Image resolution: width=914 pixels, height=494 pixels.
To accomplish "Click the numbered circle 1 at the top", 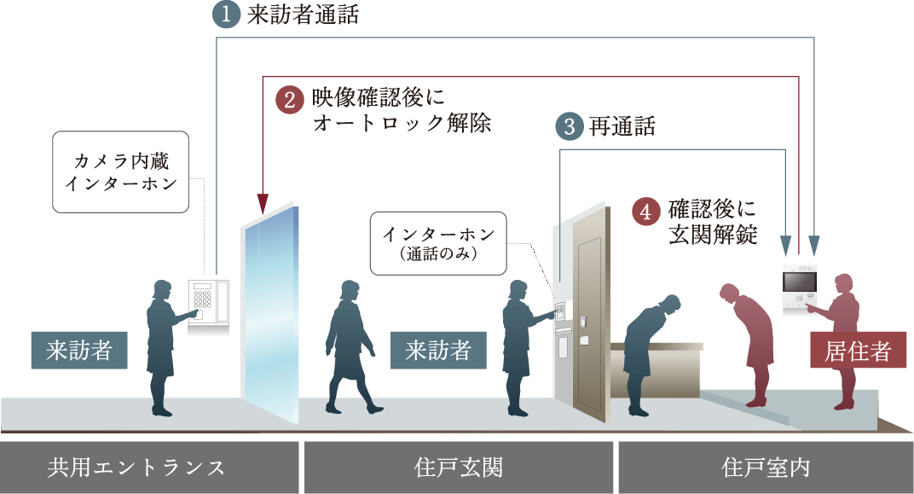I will (227, 16).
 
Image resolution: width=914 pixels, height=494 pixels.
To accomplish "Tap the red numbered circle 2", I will (290, 100).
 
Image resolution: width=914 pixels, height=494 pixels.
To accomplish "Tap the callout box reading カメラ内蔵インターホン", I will (120, 171).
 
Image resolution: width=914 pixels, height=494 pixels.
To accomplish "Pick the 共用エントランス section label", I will (136, 468).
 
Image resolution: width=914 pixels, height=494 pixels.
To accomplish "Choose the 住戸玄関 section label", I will (459, 468).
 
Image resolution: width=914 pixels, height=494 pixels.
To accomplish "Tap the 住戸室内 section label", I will (765, 468).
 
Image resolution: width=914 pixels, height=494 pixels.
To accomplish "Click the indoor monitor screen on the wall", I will (800, 281).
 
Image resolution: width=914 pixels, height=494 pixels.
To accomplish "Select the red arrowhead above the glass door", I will (263, 204).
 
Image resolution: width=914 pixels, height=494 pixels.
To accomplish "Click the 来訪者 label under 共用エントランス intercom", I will (79, 351).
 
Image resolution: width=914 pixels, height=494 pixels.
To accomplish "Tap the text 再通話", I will (622, 127).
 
